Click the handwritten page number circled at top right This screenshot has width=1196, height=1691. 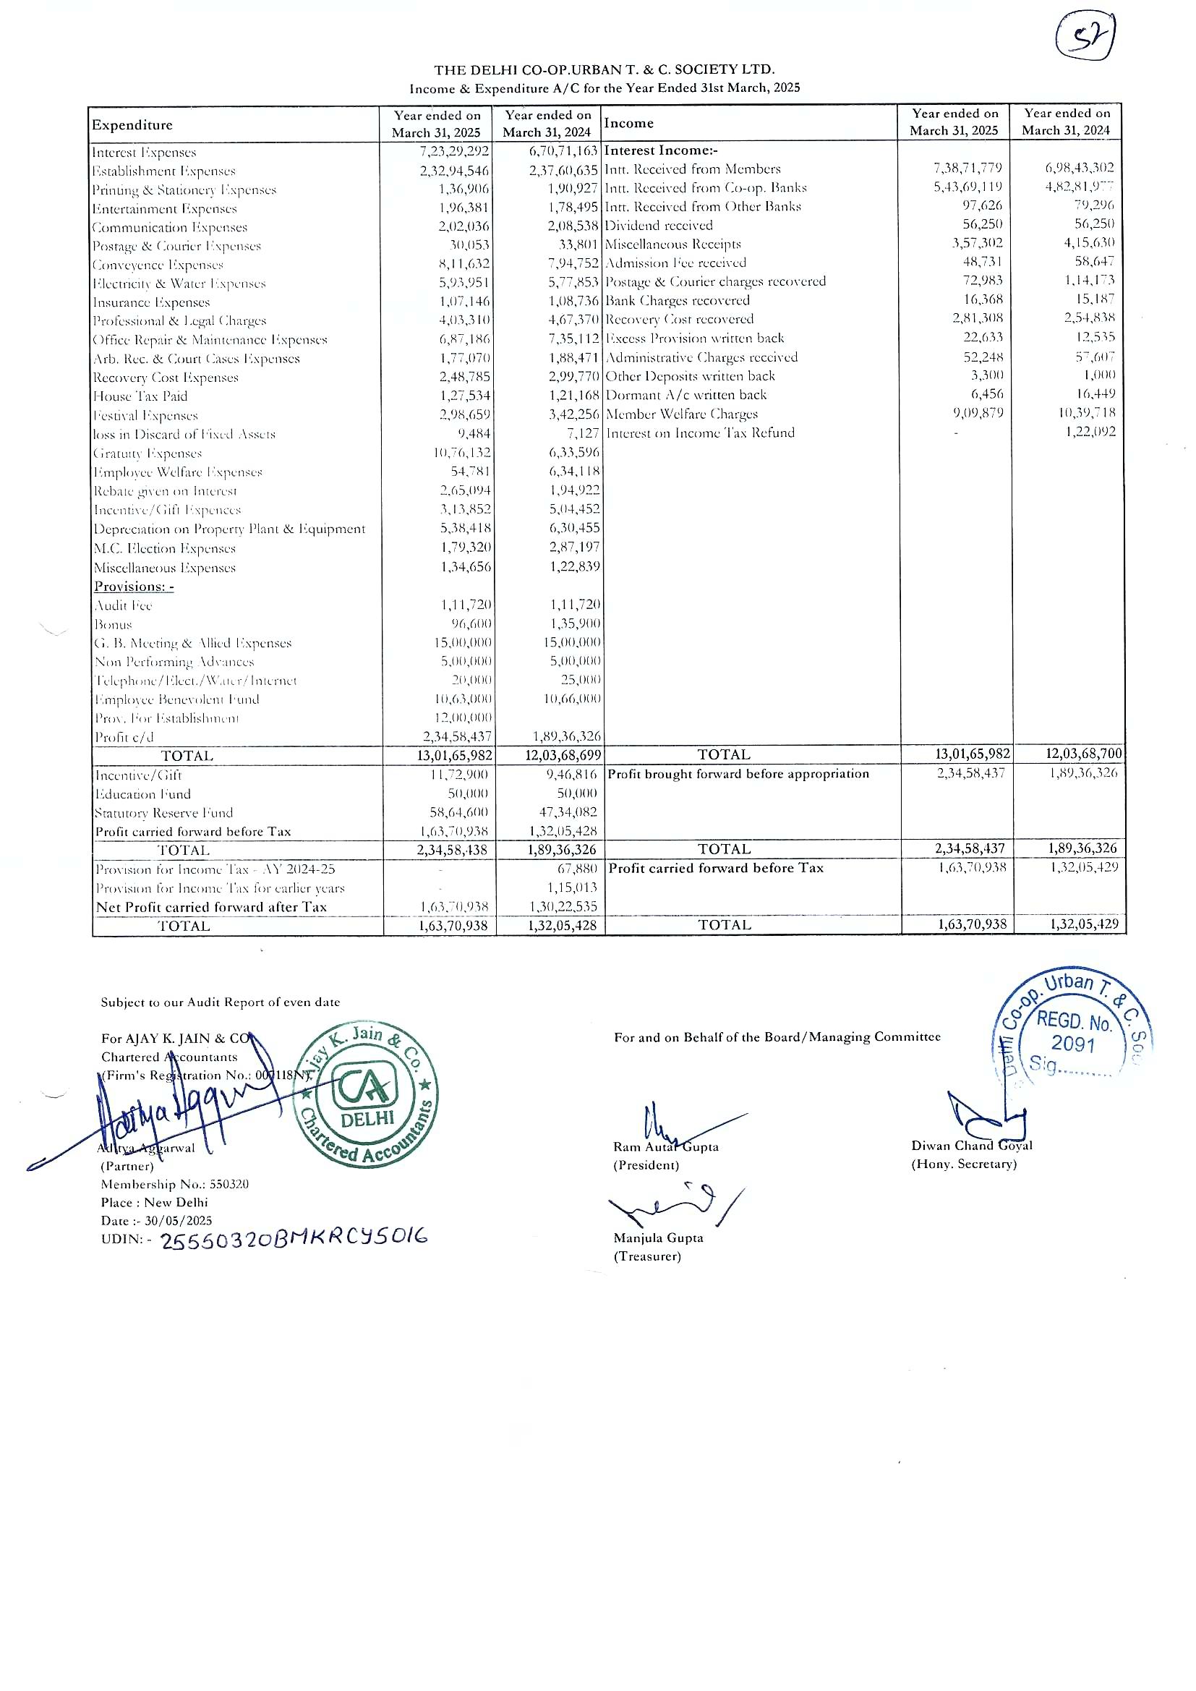click(x=1085, y=38)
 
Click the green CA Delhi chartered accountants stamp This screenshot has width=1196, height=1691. click(x=366, y=1095)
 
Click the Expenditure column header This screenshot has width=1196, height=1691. click(x=132, y=125)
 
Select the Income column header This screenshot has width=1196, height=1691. click(x=629, y=123)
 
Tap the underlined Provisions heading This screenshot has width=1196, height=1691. click(x=134, y=587)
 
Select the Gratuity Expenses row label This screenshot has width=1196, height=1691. click(x=148, y=453)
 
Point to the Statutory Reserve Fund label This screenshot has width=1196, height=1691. click(x=164, y=813)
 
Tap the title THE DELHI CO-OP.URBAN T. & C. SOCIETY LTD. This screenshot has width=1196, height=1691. click(x=604, y=70)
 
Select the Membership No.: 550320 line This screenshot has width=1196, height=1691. click(x=174, y=1184)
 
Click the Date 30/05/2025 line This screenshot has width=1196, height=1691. click(x=156, y=1220)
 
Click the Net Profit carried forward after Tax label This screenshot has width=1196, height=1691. click(x=211, y=908)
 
